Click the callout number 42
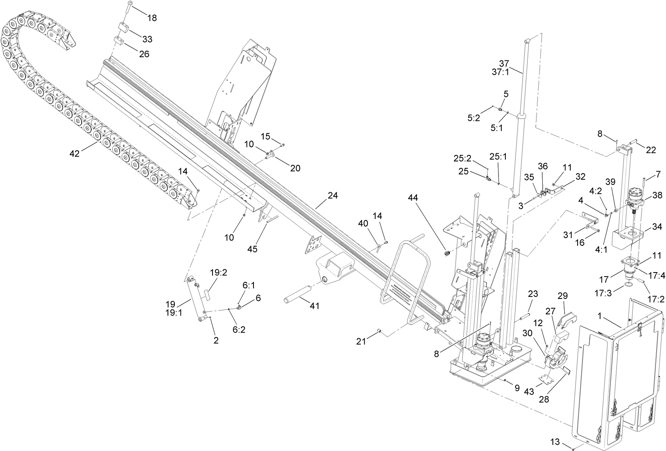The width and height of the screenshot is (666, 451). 75,153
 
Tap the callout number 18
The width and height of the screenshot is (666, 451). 152,18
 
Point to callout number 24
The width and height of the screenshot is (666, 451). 333,195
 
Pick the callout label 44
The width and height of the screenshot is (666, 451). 413,198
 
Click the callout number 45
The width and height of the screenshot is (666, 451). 252,249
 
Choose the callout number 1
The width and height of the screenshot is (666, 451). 602,315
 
